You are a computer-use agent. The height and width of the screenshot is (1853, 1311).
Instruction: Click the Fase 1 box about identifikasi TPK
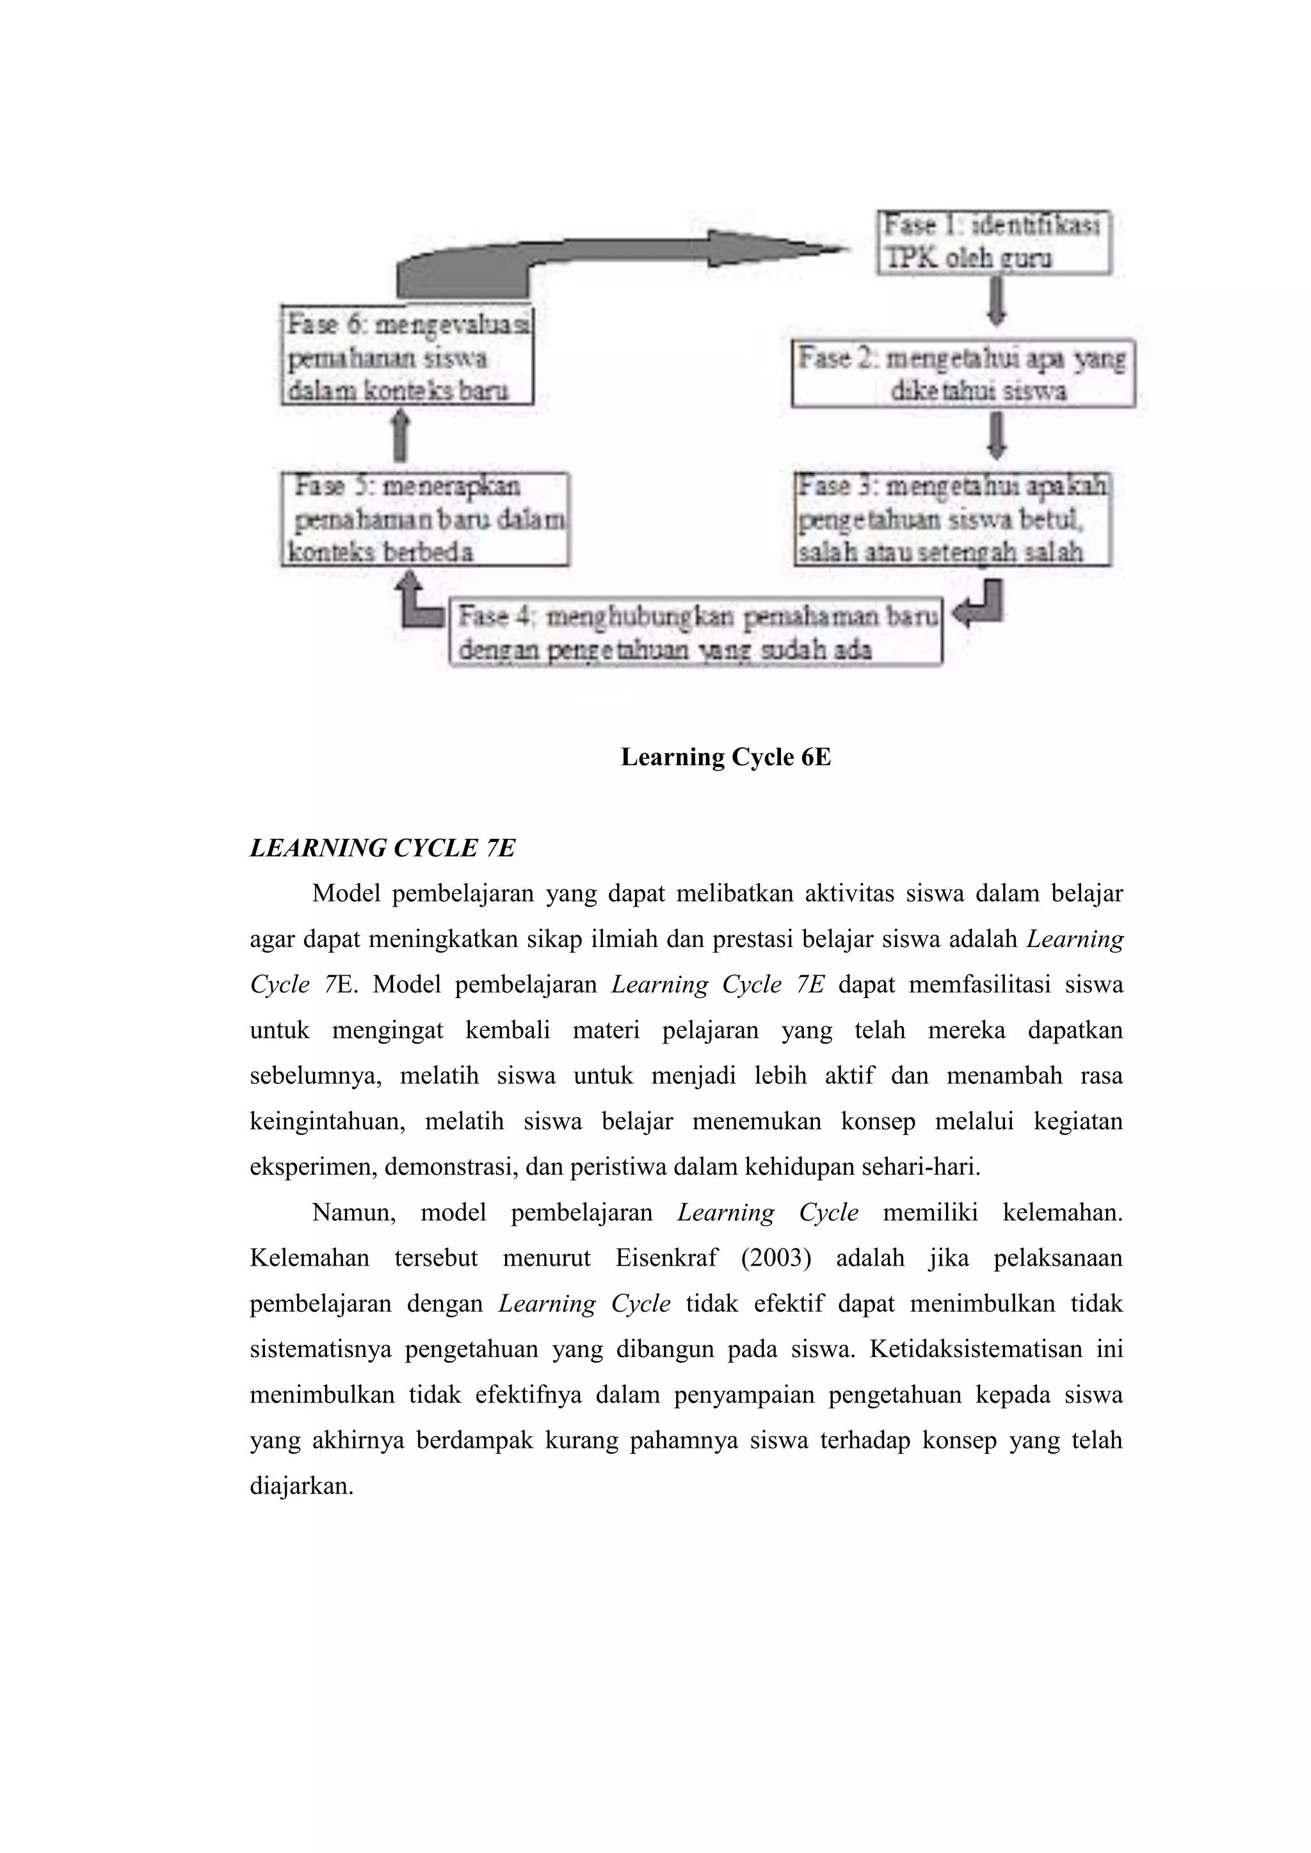(993, 242)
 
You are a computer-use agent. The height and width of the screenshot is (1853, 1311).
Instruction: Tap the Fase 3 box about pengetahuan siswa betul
(952, 519)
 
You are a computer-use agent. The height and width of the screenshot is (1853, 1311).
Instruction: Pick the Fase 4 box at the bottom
(695, 633)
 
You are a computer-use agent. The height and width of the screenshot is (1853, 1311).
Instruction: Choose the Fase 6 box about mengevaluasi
(407, 358)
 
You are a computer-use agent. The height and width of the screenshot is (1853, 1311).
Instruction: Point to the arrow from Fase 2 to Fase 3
(997, 436)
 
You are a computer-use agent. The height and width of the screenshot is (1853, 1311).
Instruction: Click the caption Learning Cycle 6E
(725, 757)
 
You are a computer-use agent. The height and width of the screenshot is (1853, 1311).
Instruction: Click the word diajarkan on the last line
(301, 1486)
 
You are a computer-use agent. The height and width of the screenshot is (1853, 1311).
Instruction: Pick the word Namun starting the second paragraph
(353, 1213)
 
